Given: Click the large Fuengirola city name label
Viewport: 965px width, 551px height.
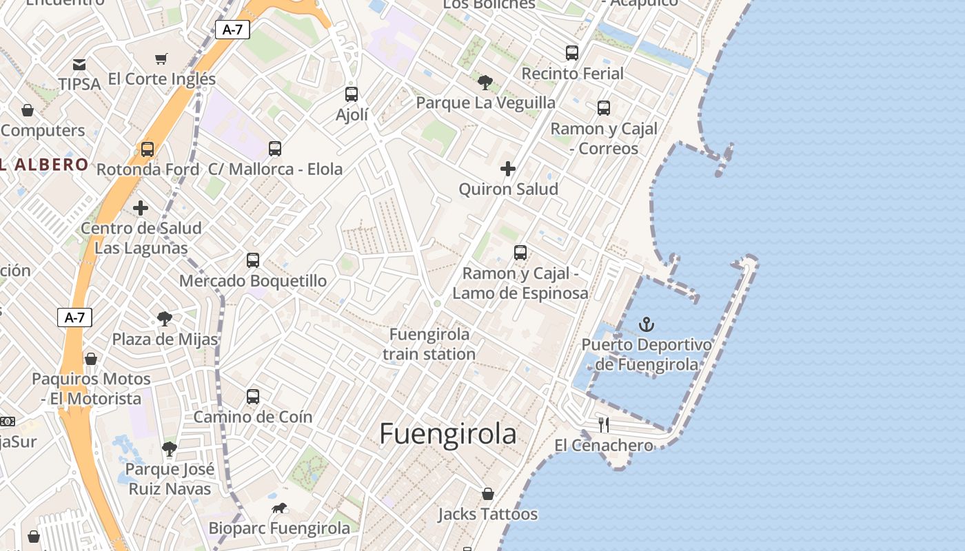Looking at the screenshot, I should [448, 434].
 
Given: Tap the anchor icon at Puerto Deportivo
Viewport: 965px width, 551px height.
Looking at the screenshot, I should [647, 324].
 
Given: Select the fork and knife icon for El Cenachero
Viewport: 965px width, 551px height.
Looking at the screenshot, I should [605, 424].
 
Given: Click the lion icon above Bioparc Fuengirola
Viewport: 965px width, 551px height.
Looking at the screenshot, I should [279, 508].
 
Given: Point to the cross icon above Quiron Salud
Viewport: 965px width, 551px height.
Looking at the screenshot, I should [508, 169].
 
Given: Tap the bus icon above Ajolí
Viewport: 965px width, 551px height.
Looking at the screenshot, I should [352, 94].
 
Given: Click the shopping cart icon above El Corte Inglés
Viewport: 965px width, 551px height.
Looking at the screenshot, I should [161, 59].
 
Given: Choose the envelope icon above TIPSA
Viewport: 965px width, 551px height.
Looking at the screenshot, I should [79, 65].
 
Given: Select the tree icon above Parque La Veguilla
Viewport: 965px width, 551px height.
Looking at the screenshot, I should [485, 83].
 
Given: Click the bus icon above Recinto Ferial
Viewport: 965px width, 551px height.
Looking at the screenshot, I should [572, 53].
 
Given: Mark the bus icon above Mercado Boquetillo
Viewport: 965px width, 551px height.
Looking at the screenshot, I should [253, 260].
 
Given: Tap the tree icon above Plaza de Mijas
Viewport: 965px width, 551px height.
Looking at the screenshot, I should [165, 318].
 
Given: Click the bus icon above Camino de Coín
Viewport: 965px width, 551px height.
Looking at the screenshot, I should [253, 397].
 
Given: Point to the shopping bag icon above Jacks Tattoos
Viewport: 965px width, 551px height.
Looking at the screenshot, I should [488, 494].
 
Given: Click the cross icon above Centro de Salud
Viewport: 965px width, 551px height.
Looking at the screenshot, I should [141, 208].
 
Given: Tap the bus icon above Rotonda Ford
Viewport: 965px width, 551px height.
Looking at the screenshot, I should [148, 149].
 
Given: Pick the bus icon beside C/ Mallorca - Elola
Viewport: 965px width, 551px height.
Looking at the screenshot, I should [275, 149].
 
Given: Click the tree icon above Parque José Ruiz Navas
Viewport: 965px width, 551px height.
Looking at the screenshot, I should [170, 449].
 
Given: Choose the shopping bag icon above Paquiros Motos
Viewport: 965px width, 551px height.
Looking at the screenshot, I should [91, 359].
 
